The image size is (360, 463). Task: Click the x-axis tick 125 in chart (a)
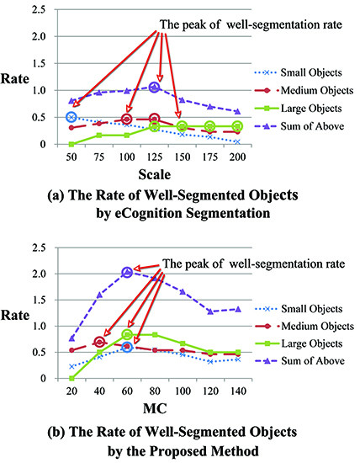point(154,156)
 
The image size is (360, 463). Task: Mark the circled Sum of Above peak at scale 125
point(154,87)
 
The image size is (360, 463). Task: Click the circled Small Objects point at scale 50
point(71,117)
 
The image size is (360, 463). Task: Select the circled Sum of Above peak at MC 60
point(127,272)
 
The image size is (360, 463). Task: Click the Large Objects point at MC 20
point(71,378)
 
